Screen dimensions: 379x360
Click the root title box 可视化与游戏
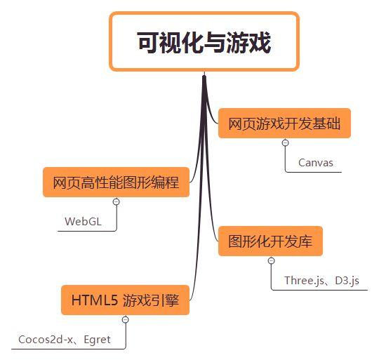[x=204, y=41]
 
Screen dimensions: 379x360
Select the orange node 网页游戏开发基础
[x=284, y=124]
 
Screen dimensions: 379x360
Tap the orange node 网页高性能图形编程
[x=116, y=182]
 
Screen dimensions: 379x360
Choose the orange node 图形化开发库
[x=270, y=241]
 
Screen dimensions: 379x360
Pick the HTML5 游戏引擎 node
[x=125, y=300]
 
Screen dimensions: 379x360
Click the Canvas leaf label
[x=316, y=163]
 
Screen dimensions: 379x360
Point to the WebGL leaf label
[x=83, y=221]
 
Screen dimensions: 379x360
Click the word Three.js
[x=305, y=281]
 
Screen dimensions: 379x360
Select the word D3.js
[x=347, y=281]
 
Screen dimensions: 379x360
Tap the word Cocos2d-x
[x=46, y=340]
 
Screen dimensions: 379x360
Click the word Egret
[x=97, y=340]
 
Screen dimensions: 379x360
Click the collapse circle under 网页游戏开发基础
[x=286, y=142]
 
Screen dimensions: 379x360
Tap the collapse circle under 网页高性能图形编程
[x=117, y=201]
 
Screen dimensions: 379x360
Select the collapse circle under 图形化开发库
[x=272, y=260]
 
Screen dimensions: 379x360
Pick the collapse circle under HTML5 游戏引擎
[x=126, y=319]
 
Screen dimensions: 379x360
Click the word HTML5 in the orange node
[x=95, y=300]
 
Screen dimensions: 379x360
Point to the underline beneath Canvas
[x=314, y=172]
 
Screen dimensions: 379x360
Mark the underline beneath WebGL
[x=87, y=231]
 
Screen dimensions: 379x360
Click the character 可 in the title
[x=147, y=43]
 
